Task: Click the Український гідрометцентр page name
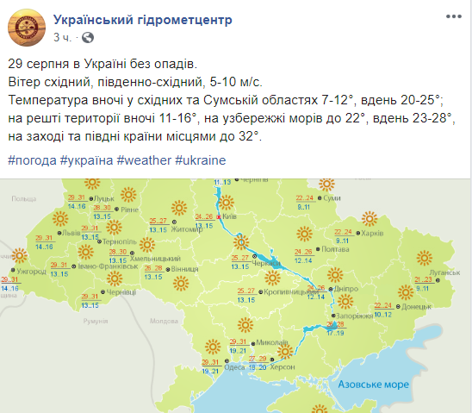pyautogui.click(x=143, y=20)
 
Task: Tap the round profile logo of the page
pyautogui.click(x=27, y=28)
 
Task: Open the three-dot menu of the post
pyautogui.click(x=451, y=17)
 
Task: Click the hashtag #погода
pyautogui.click(x=32, y=161)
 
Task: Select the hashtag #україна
pyautogui.click(x=87, y=161)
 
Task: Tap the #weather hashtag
pyautogui.click(x=144, y=161)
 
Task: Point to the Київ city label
pyautogui.click(x=229, y=217)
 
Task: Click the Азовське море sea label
pyautogui.click(x=373, y=384)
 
